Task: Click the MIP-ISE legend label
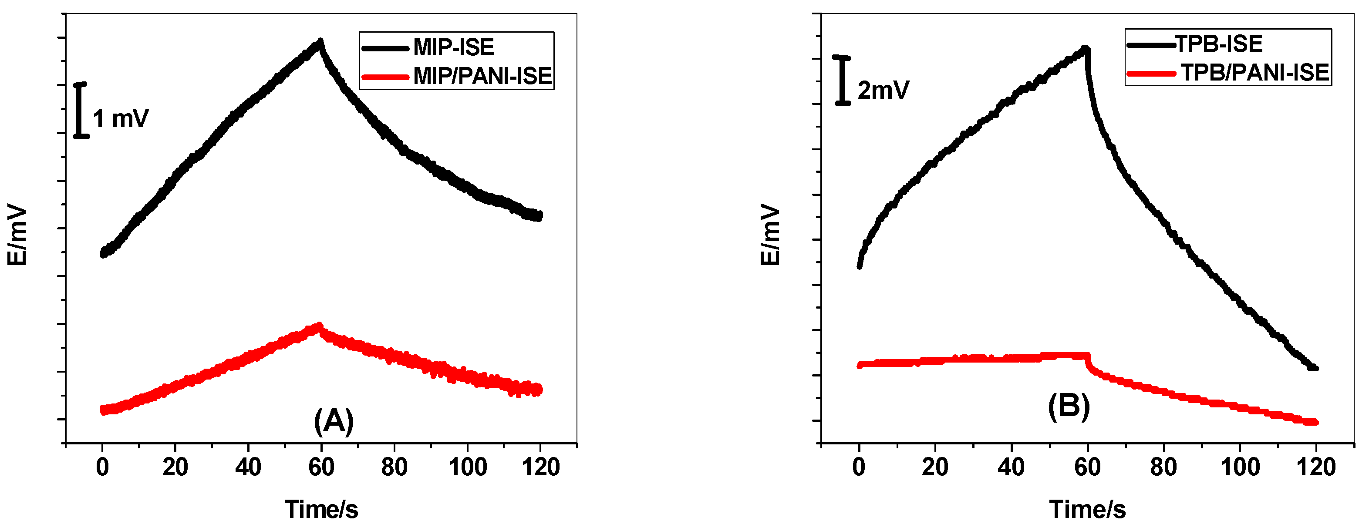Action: tap(453, 48)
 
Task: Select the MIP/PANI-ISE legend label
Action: tap(482, 76)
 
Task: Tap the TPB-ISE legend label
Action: tap(1218, 44)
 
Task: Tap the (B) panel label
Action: tap(1069, 407)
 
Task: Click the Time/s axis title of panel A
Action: tap(321, 509)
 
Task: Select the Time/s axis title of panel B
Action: tap(1087, 509)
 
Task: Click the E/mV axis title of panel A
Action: tap(17, 234)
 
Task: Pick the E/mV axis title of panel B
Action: tap(770, 235)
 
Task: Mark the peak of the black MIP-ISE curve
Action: tap(320, 41)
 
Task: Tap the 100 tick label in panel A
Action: tap(468, 467)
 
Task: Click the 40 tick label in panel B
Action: tap(1011, 467)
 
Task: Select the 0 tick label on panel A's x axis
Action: tap(103, 467)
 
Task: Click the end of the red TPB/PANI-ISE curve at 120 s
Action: tap(1315, 422)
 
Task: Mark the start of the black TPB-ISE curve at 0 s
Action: tap(860, 266)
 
